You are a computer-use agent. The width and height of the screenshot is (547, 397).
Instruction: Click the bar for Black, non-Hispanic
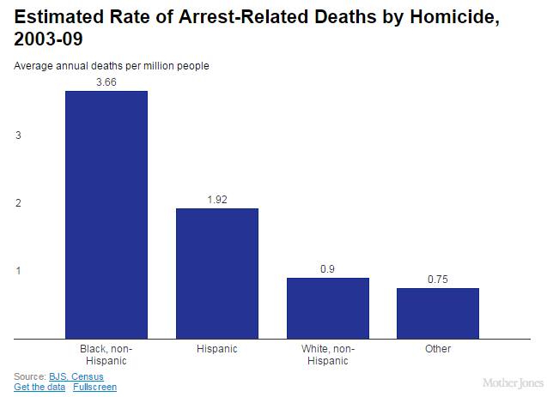click(x=106, y=214)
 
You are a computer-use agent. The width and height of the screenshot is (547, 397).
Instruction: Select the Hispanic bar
click(x=216, y=274)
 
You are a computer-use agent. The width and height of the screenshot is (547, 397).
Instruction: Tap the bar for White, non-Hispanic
click(x=327, y=308)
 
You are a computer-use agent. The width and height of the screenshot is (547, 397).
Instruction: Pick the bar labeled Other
click(x=437, y=313)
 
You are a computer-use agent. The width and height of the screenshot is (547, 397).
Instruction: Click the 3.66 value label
click(x=106, y=81)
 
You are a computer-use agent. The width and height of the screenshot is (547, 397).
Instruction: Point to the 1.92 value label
click(x=216, y=199)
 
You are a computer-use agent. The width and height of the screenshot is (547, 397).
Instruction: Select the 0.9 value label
click(x=327, y=268)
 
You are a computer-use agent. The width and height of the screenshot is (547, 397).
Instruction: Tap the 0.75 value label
click(x=437, y=279)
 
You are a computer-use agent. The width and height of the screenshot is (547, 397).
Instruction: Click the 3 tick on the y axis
click(x=18, y=135)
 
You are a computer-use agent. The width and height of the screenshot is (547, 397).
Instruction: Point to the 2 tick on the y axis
click(x=18, y=203)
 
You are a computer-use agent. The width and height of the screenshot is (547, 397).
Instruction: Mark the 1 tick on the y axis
click(x=18, y=271)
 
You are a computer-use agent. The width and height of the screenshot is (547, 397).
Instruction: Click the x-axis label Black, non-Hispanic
click(x=106, y=355)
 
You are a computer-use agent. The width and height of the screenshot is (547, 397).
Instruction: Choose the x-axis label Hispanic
click(x=216, y=350)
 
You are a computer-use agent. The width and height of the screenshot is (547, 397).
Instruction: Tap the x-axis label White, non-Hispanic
click(x=327, y=355)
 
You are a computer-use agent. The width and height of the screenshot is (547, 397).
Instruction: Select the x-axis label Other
click(x=437, y=350)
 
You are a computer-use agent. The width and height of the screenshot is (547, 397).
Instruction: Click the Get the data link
click(x=40, y=387)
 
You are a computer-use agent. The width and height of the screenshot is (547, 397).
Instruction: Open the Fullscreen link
click(x=94, y=387)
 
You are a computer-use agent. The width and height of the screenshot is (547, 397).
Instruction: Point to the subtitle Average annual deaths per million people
click(x=111, y=66)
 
